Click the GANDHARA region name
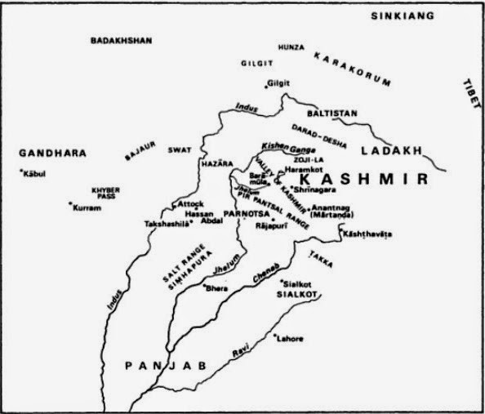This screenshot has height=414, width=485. click(x=53, y=153)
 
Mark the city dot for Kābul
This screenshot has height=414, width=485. click(x=21, y=170)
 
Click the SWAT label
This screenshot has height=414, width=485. click(x=180, y=151)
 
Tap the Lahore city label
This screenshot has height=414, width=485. click(x=291, y=338)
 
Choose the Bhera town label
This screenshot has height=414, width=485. click(x=216, y=289)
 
